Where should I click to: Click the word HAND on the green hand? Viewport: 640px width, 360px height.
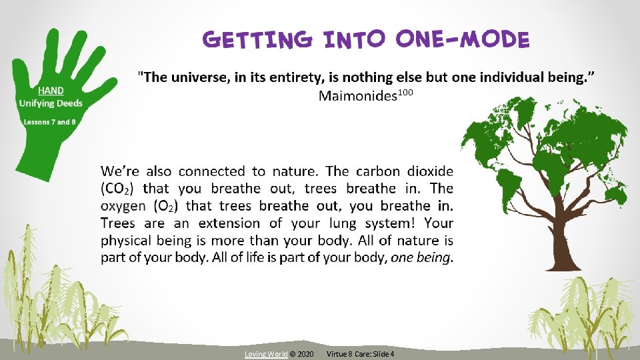(51, 91)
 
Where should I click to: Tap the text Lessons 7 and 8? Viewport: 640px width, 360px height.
(49, 122)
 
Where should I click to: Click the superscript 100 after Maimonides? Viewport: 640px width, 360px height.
(406, 93)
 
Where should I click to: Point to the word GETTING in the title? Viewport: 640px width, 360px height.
(257, 40)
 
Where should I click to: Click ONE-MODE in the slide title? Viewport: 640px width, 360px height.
(462, 40)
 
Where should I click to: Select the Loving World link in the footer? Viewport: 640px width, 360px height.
(266, 353)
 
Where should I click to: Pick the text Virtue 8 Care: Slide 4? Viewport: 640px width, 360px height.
(361, 353)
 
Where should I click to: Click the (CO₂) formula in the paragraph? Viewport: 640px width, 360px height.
(119, 189)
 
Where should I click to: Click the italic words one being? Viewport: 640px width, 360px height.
(421, 257)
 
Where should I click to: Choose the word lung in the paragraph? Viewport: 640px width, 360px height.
(365, 223)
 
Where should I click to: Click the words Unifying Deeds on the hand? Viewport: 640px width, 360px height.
(51, 103)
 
